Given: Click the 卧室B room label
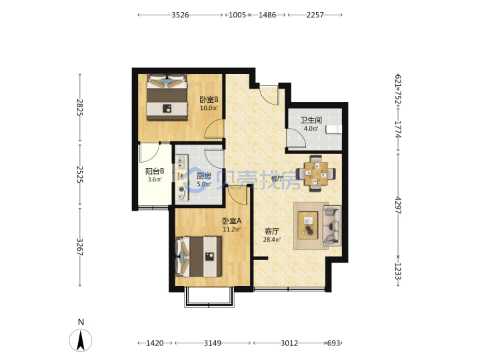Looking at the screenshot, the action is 209,99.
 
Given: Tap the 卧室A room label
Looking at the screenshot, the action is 232,221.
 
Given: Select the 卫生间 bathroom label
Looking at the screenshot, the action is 311,120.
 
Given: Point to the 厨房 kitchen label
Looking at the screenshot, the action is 204,176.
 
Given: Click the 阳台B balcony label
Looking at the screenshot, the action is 155,171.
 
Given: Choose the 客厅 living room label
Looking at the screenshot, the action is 271,231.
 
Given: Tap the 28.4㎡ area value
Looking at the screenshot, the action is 271,240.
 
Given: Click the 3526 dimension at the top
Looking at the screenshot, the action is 180,15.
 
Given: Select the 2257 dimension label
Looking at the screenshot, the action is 315,15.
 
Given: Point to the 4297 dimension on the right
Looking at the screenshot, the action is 397,205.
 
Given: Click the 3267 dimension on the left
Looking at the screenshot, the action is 80,247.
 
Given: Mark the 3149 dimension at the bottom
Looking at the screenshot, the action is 213,343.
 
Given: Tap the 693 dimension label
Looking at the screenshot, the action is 333,343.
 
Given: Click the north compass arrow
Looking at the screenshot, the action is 81,340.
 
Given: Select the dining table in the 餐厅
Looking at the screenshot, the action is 316,173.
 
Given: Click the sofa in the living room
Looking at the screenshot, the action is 332,225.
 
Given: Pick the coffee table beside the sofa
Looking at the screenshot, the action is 307,225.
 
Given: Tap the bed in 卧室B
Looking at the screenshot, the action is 167,97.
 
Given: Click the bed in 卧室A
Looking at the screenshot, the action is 199,257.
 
